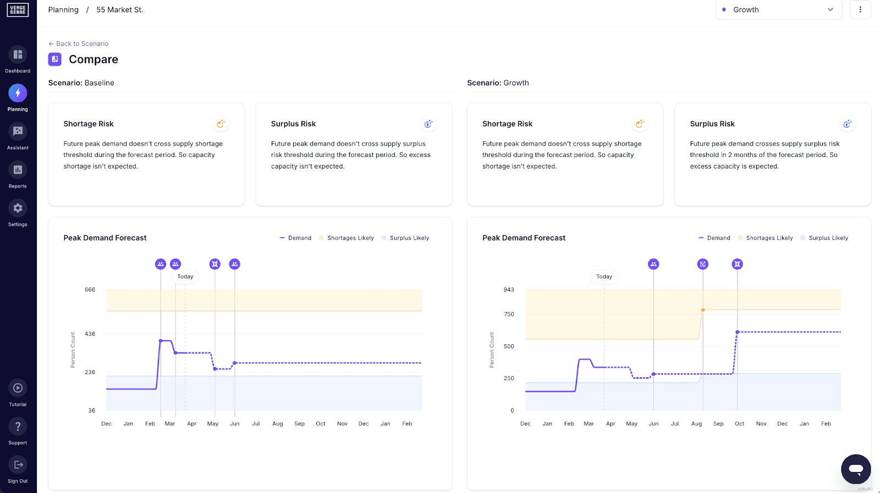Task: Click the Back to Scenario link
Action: pos(79,44)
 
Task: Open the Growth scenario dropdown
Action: pos(778,9)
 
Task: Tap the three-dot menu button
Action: pos(860,9)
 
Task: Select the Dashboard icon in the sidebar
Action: pos(18,55)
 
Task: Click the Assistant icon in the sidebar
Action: pos(18,131)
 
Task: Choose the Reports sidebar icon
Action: pos(18,170)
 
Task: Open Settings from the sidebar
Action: pos(18,208)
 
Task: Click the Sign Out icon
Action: pos(18,465)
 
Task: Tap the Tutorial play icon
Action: pos(18,388)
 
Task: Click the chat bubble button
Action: pos(855,469)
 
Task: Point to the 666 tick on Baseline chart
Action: pos(90,290)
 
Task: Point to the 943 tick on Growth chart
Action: pos(509,290)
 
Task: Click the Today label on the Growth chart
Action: pos(604,277)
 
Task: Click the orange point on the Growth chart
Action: pos(703,310)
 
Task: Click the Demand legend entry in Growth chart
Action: pos(714,238)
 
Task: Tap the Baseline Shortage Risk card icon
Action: pos(221,124)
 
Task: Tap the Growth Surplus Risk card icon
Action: pos(847,124)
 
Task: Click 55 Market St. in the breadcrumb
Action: pos(119,10)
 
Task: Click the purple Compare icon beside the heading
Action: pos(55,59)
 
